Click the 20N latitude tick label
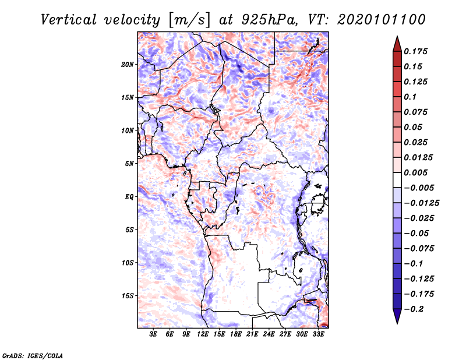(x=128, y=64)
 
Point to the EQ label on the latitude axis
(x=129, y=197)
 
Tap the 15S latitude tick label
(x=128, y=296)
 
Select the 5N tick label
(x=129, y=164)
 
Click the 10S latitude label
(x=128, y=263)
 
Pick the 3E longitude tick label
(x=154, y=335)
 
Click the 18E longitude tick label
(x=236, y=335)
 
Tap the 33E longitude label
(x=318, y=335)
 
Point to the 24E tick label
(x=269, y=335)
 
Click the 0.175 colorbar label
(x=416, y=51)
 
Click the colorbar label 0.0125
(x=419, y=157)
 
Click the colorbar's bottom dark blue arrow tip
(x=396, y=322)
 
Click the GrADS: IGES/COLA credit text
(x=32, y=355)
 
